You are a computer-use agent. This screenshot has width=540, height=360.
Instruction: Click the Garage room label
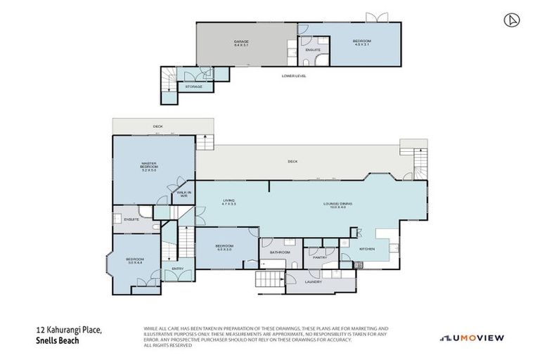coord(241,44)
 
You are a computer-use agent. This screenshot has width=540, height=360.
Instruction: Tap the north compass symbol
coord(512,20)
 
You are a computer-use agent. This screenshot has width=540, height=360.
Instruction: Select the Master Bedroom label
coord(148,167)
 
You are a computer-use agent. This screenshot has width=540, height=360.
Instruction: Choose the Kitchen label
coord(368,249)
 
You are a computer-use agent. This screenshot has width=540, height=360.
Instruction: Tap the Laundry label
coord(314,282)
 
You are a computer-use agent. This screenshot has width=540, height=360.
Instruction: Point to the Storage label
coord(193,86)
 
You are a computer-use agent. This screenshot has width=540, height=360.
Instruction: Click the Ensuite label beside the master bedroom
coord(131,219)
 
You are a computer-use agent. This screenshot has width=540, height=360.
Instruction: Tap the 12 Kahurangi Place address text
coord(70,330)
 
